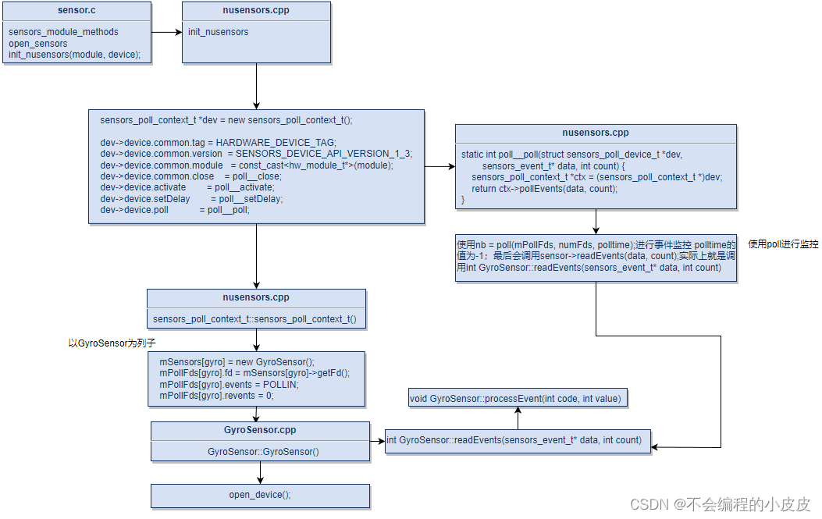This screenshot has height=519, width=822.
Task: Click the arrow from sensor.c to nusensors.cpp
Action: point(165,32)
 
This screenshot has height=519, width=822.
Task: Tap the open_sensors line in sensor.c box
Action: point(38,44)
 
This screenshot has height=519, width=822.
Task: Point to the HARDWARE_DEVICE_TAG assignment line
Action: point(218,142)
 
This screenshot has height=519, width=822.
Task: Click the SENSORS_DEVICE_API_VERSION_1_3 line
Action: point(256,154)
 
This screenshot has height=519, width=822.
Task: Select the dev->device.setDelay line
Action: point(191,199)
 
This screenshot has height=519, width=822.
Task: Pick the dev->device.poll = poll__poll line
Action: point(175,210)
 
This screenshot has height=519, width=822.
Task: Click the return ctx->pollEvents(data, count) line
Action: point(544,189)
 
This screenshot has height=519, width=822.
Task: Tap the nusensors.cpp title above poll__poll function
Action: point(595,133)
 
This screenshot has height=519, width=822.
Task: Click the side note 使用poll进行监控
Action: point(783,244)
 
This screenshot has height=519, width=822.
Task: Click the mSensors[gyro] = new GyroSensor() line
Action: point(237,362)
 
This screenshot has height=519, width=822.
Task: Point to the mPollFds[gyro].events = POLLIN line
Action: point(229,385)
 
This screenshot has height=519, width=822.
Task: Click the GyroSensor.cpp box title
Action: point(260,430)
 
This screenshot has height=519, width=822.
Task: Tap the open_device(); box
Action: point(260,495)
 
